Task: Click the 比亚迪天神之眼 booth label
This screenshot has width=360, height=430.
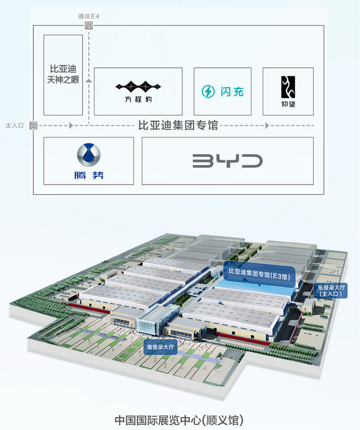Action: click(x=63, y=74)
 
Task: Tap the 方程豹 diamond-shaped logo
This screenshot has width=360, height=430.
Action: click(x=138, y=87)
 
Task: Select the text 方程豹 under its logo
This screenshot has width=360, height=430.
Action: click(x=138, y=99)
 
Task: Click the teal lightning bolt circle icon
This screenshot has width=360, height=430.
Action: click(x=208, y=91)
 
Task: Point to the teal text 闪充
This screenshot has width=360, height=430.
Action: click(x=232, y=92)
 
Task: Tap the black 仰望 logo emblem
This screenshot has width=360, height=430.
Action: click(x=288, y=87)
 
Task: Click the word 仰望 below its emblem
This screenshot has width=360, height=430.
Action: click(x=288, y=104)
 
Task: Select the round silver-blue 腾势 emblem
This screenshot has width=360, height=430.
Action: click(x=88, y=154)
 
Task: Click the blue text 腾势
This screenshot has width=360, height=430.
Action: click(x=89, y=175)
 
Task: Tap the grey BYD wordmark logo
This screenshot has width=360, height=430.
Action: click(x=227, y=161)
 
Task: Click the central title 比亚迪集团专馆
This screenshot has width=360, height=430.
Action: click(x=178, y=126)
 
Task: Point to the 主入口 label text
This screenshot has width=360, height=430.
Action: click(x=15, y=126)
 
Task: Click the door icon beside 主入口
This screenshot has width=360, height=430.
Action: click(x=33, y=126)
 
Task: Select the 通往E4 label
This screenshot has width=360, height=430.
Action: click(x=88, y=16)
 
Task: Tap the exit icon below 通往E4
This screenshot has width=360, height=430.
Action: click(x=88, y=26)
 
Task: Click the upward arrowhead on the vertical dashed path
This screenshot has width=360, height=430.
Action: click(x=88, y=80)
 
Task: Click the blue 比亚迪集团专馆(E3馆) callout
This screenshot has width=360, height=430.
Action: click(x=259, y=274)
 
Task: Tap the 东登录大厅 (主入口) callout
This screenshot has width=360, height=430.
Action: click(x=331, y=290)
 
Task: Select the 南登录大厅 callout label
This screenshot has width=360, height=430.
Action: click(x=160, y=347)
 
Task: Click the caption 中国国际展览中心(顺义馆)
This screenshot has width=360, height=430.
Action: click(x=179, y=420)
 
